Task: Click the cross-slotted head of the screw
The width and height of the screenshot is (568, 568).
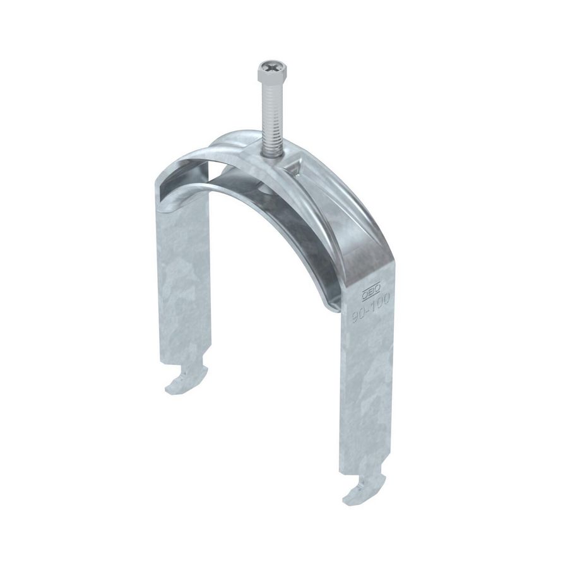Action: pyautogui.click(x=269, y=67)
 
